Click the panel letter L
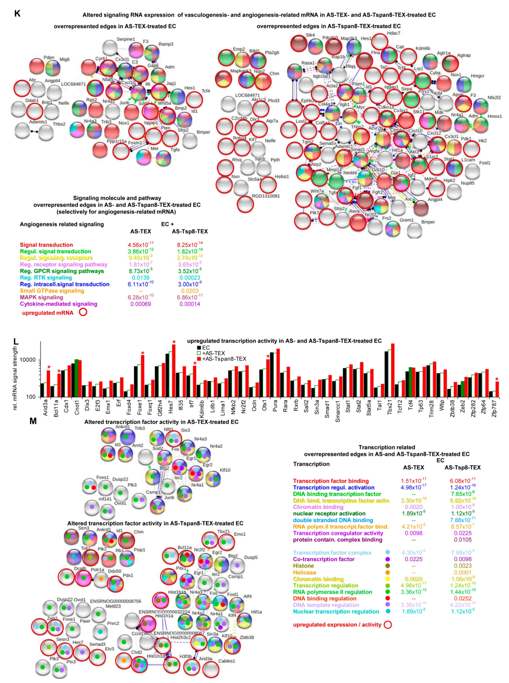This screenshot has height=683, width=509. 16,341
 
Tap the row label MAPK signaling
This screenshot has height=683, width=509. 42,297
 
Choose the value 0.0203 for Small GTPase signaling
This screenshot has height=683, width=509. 190,291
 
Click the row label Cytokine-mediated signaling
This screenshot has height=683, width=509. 59,304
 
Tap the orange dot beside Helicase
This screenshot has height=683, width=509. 388,572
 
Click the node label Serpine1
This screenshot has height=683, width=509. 126,39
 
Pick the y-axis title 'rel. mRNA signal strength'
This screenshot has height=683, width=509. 15,378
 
